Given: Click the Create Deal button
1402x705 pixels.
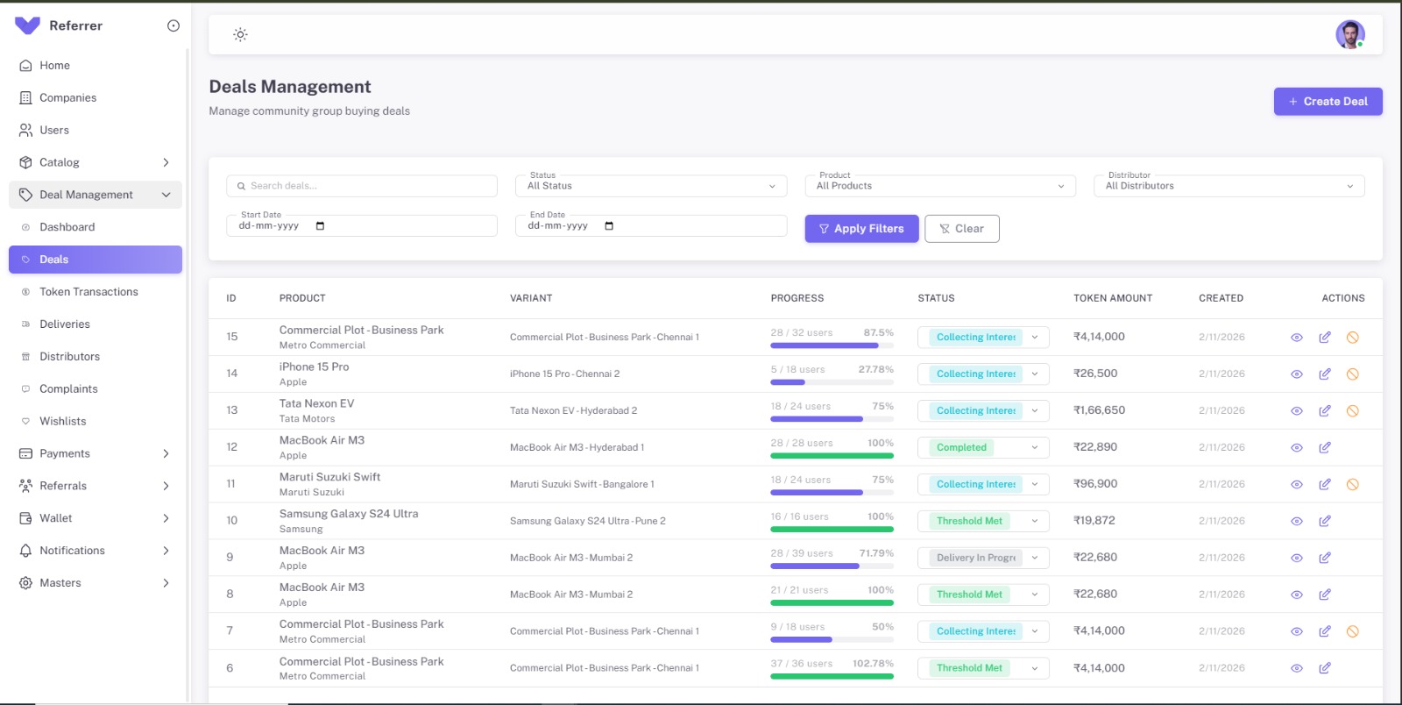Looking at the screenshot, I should coord(1328,102).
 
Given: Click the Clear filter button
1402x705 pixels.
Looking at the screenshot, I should coord(961,229).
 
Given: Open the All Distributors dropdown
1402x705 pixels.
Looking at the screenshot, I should coord(1229,186).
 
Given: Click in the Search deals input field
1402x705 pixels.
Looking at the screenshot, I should coord(362,186).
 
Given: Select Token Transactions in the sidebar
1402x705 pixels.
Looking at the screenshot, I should coord(89,292).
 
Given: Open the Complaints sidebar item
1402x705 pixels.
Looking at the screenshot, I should coord(68,389).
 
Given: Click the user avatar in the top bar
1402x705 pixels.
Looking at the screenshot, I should coord(1349,35).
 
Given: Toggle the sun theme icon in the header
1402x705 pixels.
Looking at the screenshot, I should coord(240,35).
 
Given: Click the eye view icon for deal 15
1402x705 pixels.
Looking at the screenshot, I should coord(1297,338).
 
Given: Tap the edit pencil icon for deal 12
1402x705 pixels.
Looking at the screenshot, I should coord(1325,448).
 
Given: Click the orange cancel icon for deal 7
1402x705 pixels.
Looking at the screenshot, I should coord(1353,631).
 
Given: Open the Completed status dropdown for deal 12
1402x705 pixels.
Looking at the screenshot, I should coord(1035,447).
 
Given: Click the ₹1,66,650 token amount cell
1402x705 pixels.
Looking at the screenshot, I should coord(1099,410).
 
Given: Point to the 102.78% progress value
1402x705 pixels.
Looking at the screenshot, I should coord(873,664).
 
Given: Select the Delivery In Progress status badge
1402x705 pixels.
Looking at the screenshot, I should coord(975,558).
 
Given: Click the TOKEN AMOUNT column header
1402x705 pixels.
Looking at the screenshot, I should coord(1113,298).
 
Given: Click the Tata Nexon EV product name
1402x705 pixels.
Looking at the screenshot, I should coord(316,403).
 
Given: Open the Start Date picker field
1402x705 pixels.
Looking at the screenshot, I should coord(320,226).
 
